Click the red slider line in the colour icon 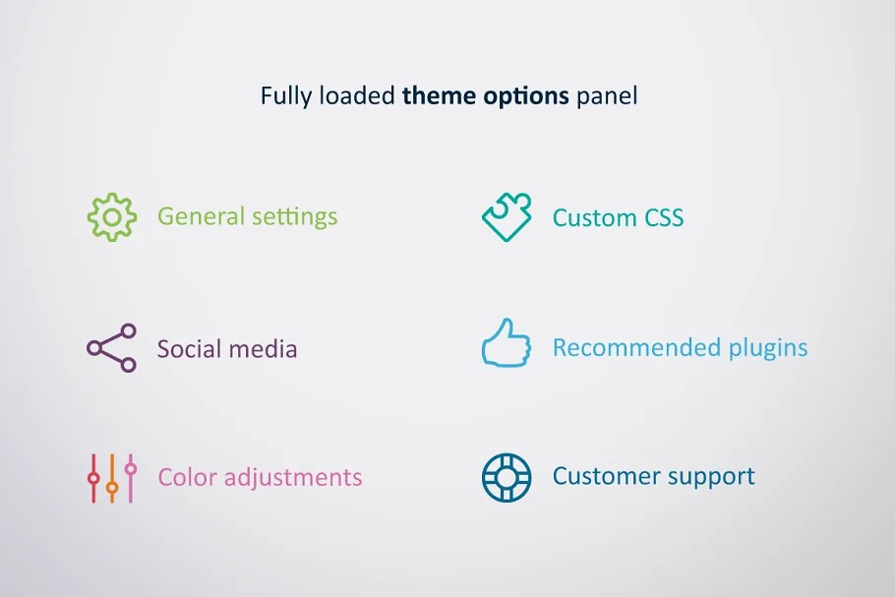coord(93,478)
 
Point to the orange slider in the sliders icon coord(112,478)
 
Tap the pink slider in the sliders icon coord(131,478)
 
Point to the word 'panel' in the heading coord(607,96)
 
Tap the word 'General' coord(201,216)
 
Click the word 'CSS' coord(664,217)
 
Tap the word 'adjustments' coord(293,478)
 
